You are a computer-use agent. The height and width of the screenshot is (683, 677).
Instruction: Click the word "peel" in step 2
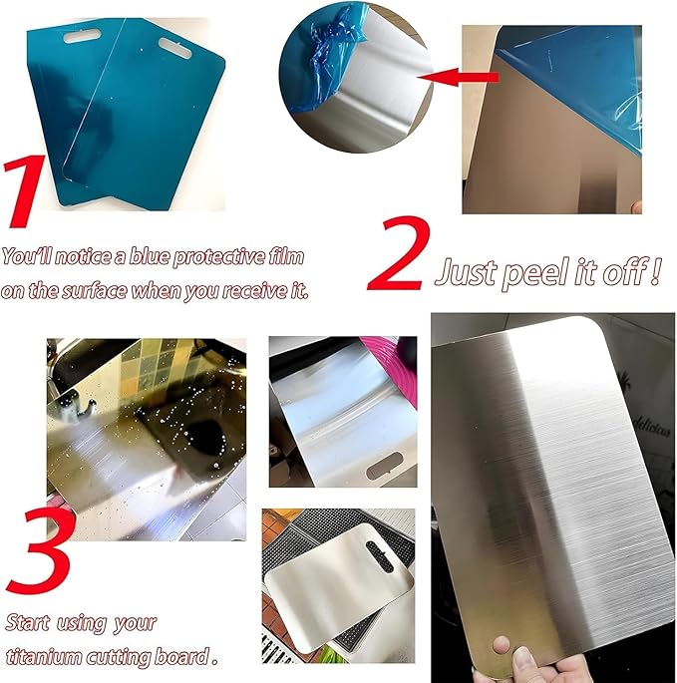click(542, 271)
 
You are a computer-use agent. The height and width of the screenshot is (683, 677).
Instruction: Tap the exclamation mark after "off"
click(656, 270)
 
